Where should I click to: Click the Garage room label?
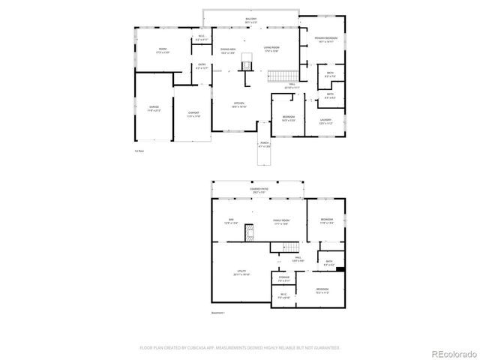(154, 108)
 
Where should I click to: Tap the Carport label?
(193, 113)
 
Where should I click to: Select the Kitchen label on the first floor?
(239, 105)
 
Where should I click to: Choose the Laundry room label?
(325, 121)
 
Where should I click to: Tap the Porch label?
(264, 143)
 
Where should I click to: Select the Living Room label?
(271, 49)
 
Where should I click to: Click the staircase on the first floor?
(279, 75)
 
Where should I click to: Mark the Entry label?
(202, 66)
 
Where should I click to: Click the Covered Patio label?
(260, 190)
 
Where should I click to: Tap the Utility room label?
(241, 274)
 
